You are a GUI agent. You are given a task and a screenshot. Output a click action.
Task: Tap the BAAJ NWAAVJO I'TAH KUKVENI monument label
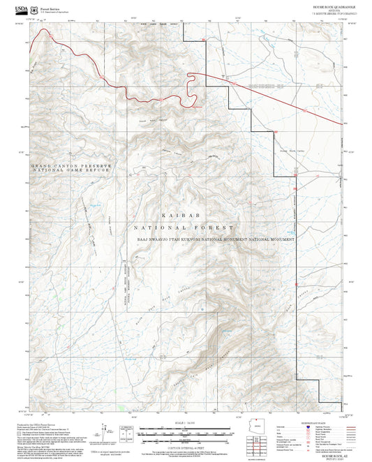click(x=214, y=239)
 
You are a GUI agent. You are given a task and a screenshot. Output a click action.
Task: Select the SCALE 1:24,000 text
click(x=185, y=423)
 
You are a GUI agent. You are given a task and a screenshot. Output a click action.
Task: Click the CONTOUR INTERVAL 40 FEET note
click(x=185, y=447)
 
